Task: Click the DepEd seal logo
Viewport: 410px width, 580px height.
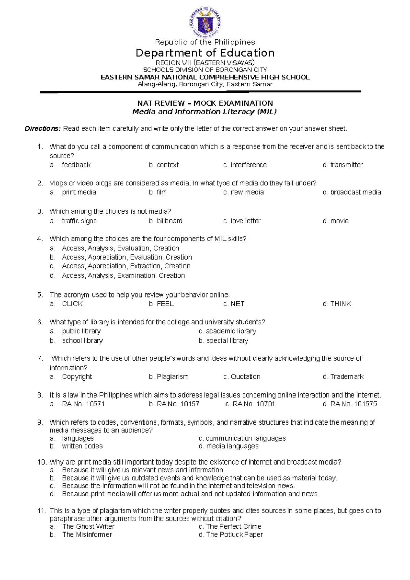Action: [205, 23]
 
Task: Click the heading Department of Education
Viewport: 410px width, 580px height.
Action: [205, 53]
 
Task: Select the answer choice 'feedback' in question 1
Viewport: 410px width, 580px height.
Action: [76, 165]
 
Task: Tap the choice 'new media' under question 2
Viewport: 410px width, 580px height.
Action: [247, 192]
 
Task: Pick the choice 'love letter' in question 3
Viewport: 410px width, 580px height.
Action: [245, 221]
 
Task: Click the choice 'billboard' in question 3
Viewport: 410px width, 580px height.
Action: [169, 221]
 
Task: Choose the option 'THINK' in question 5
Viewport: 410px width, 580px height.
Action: [341, 304]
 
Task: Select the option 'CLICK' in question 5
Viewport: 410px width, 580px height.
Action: [72, 304]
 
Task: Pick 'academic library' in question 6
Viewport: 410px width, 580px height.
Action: [231, 331]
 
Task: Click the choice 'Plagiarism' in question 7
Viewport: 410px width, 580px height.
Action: [173, 377]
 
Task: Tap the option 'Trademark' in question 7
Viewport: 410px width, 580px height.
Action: [347, 377]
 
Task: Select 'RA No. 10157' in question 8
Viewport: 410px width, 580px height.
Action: [178, 404]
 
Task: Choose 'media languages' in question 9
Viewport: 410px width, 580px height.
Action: [232, 446]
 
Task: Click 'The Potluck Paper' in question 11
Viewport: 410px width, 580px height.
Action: [234, 535]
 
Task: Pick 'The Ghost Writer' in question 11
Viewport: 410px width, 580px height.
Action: [88, 527]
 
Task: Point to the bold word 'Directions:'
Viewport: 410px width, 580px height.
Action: [43, 129]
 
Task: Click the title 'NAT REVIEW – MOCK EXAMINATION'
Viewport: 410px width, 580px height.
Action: [205, 103]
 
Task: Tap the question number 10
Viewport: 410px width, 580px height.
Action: [42, 462]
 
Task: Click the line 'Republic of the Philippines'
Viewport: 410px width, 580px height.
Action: [205, 42]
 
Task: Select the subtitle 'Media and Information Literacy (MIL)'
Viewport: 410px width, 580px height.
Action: [204, 112]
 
